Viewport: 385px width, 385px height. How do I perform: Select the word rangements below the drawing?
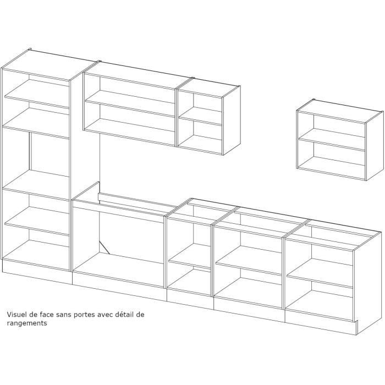click(x=27, y=324)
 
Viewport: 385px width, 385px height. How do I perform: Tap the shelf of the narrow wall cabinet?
click(x=200, y=117)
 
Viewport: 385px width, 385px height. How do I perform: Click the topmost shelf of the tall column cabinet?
click(x=36, y=97)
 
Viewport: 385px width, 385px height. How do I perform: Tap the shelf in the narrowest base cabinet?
click(x=189, y=261)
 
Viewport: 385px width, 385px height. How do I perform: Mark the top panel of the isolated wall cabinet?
click(x=338, y=106)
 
